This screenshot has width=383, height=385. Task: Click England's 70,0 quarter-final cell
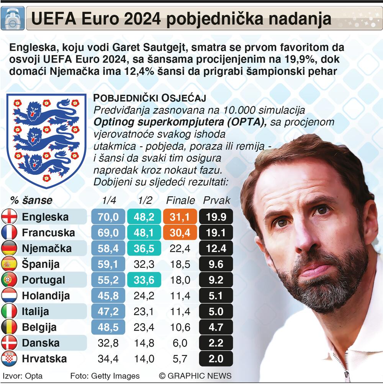click(108, 217)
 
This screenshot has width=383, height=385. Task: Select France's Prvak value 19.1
click(216, 233)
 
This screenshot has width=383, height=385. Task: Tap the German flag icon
click(9, 248)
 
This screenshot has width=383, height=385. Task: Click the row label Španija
click(41, 264)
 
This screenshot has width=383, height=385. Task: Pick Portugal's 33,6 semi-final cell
click(144, 280)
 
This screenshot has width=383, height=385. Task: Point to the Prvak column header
click(216, 201)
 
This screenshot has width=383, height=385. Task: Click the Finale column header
click(180, 201)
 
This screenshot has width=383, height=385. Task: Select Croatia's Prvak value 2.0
click(216, 359)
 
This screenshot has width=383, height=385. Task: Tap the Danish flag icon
click(9, 343)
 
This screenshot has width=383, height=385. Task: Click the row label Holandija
click(46, 296)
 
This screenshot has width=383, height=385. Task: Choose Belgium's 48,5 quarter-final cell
click(108, 327)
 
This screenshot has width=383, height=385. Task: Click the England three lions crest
click(46, 140)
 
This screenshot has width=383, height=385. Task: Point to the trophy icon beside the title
click(13, 18)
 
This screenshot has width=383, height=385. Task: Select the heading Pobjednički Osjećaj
click(150, 98)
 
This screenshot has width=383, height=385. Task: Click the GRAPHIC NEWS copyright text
click(195, 376)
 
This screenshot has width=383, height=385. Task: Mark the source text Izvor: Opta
click(22, 376)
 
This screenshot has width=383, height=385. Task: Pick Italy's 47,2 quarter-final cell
click(108, 311)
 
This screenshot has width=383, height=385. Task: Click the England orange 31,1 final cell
click(180, 217)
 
